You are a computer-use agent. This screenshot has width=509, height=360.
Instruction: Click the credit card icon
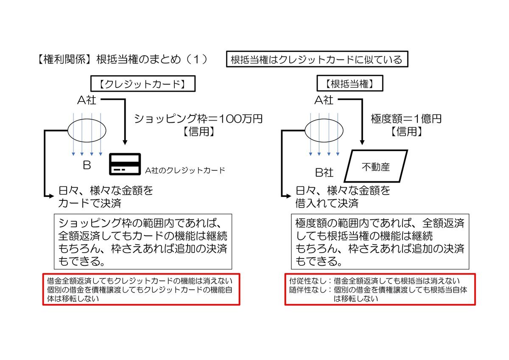click(x=125, y=163)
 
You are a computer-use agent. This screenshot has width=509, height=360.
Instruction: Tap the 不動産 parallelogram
click(x=375, y=166)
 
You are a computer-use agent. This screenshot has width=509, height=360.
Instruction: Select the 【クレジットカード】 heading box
click(x=142, y=84)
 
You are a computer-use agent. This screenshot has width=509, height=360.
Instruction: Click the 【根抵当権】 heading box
click(x=350, y=84)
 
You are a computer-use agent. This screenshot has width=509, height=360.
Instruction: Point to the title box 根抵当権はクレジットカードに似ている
click(x=316, y=59)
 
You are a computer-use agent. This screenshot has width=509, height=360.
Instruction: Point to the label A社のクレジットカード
click(x=185, y=171)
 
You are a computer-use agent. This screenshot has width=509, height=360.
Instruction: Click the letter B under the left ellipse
click(x=87, y=165)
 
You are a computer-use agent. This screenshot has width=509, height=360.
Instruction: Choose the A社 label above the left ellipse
click(x=87, y=100)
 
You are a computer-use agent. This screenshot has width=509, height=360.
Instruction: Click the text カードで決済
click(x=90, y=203)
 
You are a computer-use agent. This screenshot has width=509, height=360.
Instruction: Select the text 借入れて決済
click(x=327, y=203)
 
